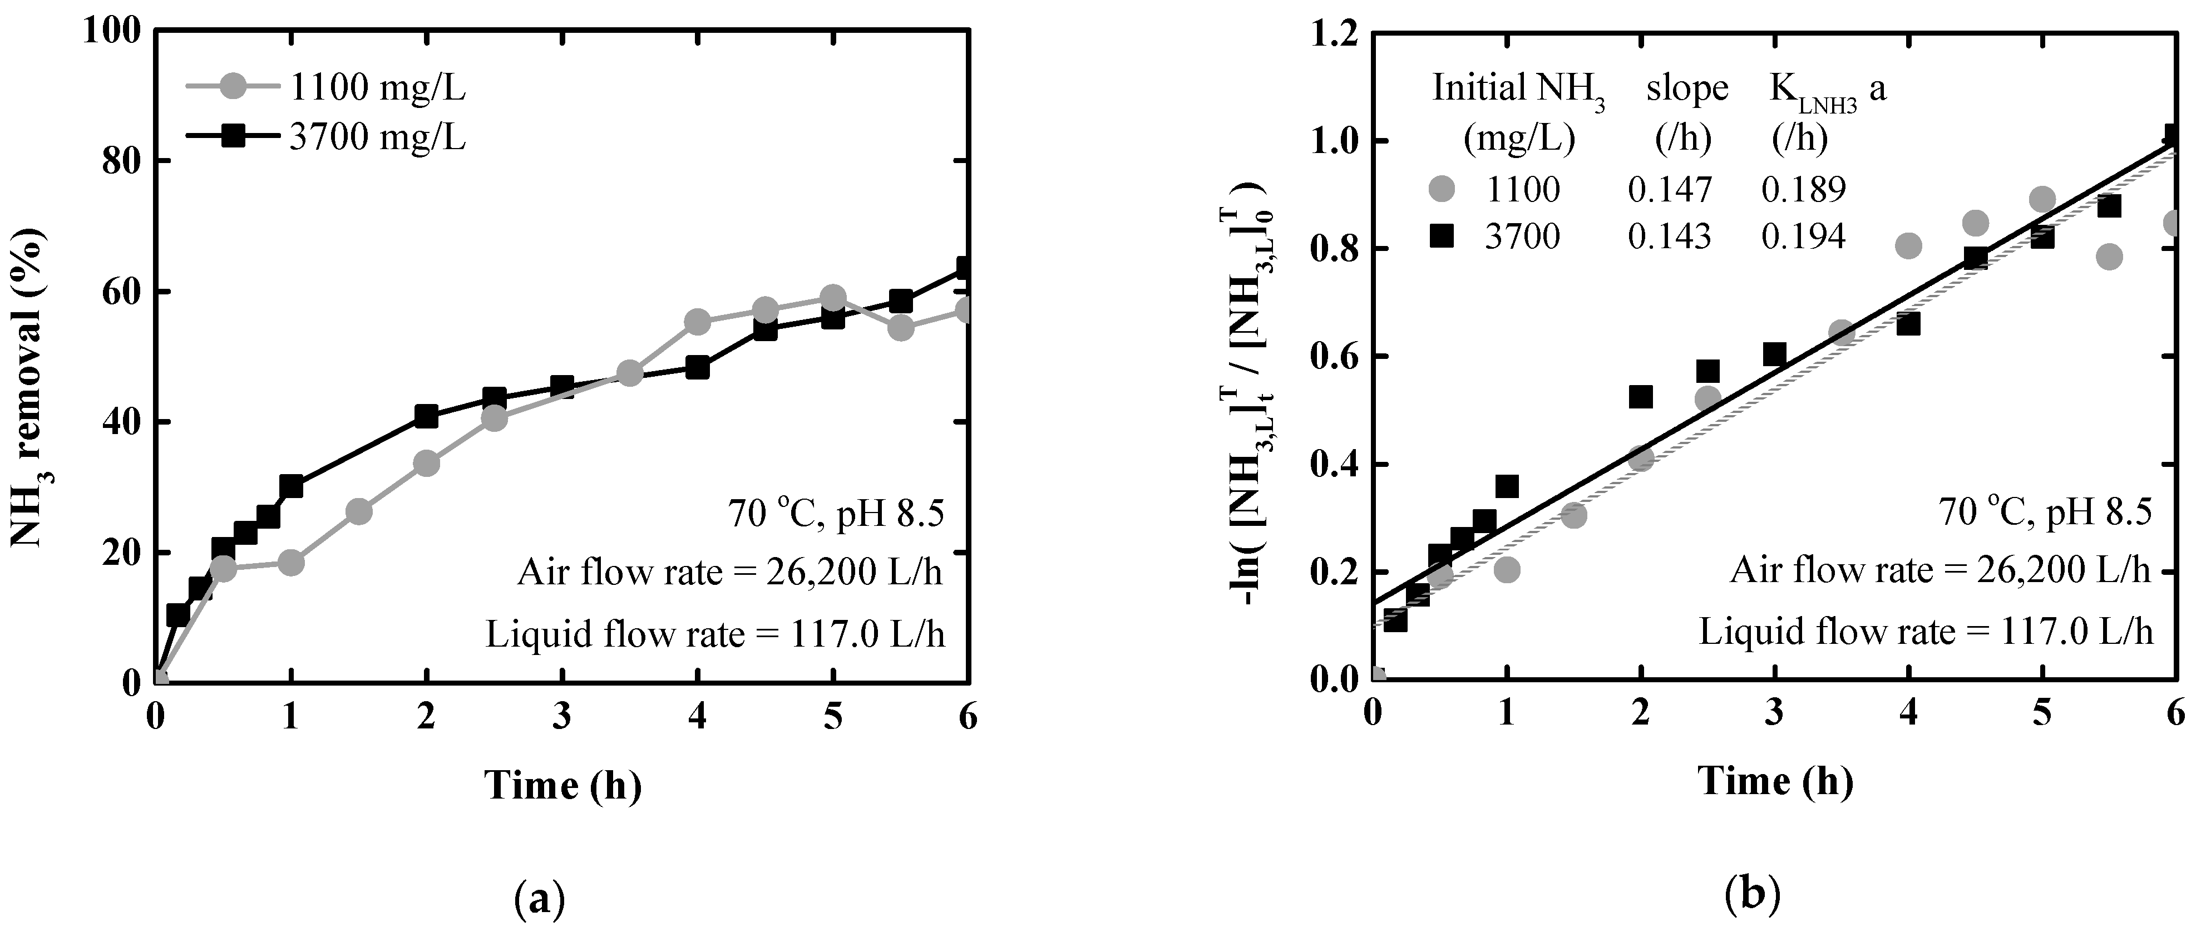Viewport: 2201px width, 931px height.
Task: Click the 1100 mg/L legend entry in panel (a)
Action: point(376,87)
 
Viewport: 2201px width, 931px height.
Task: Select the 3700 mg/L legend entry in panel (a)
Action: point(376,137)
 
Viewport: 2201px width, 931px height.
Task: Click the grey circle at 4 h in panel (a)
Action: point(697,322)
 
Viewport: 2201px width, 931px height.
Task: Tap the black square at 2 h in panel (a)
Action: point(426,416)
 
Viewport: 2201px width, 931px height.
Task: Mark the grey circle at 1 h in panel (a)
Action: point(290,563)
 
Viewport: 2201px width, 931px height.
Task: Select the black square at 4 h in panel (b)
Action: point(1908,324)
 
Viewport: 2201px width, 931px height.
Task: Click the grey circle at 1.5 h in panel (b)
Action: point(1573,515)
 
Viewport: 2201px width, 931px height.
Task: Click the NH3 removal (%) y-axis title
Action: point(27,386)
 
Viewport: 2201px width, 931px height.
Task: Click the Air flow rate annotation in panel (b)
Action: point(1940,569)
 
